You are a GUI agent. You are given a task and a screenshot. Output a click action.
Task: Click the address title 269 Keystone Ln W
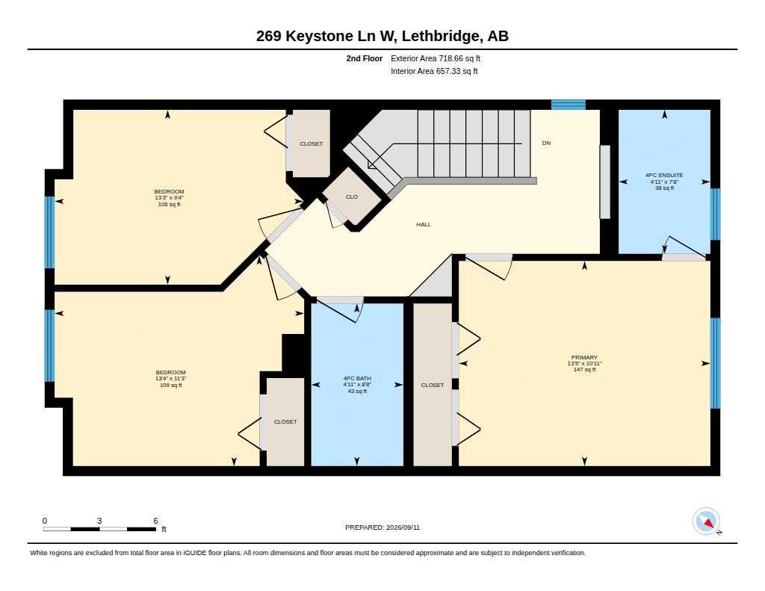326,36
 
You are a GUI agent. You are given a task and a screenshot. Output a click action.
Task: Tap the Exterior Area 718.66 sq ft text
436,58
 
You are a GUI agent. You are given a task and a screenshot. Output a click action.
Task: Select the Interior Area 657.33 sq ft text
434,71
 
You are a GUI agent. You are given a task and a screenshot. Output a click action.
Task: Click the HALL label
424,224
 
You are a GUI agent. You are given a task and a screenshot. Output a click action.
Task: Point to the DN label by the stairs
546,143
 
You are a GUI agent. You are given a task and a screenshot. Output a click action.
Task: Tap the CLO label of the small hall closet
352,197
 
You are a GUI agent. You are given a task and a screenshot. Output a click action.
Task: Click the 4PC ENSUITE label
664,175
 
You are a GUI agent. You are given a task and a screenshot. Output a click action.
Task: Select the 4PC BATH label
357,378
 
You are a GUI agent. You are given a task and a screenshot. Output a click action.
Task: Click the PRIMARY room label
584,357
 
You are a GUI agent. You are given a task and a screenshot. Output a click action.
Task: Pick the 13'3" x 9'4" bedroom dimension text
170,198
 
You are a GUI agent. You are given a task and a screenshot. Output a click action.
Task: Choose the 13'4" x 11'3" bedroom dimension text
171,379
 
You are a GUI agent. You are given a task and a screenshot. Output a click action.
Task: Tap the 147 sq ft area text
584,369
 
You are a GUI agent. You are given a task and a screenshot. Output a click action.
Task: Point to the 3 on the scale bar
99,521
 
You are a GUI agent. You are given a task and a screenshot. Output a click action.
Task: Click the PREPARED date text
382,527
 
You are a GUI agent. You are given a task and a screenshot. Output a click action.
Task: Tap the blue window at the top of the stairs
569,105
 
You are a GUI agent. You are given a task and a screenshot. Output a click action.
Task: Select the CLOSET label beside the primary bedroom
433,385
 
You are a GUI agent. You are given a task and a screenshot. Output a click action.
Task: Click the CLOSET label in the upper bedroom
312,144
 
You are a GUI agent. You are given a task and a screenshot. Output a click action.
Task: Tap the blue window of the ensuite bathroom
715,214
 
